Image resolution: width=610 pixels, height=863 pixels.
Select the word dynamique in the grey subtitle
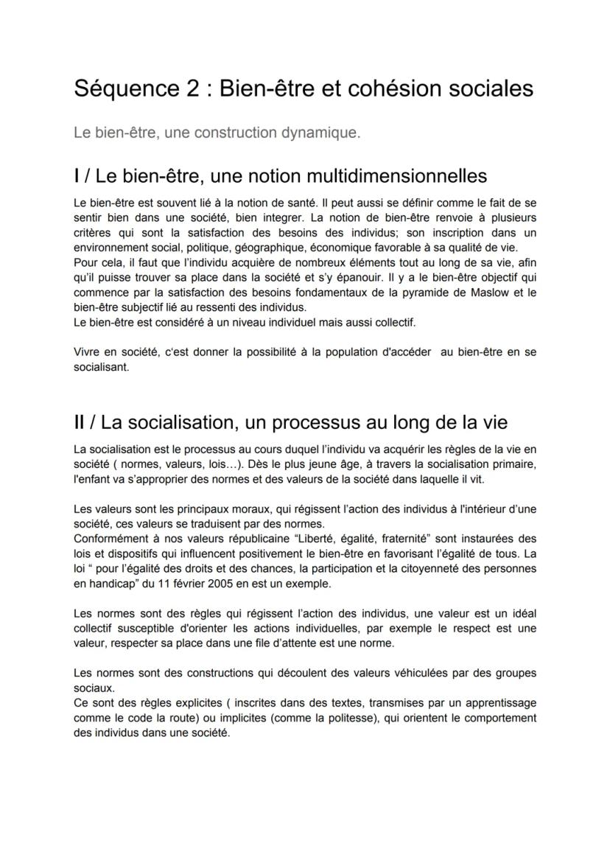321,133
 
